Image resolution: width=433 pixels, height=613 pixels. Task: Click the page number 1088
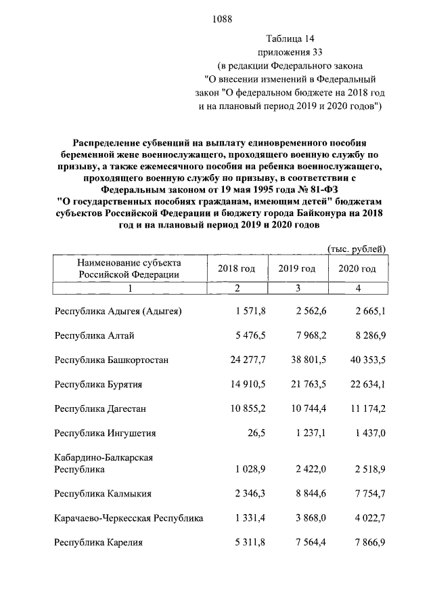tap(222, 19)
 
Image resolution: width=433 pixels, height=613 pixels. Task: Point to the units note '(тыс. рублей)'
tap(357, 249)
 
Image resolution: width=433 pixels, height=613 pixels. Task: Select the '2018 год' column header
tap(236, 269)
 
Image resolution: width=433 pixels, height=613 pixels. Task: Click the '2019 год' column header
tap(296, 269)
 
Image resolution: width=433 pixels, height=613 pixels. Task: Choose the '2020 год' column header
tap(357, 269)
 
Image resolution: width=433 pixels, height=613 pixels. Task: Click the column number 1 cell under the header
tap(129, 289)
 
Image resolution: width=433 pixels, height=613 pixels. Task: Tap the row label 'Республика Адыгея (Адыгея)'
tap(118, 312)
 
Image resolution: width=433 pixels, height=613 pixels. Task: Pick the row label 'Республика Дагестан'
tap(101, 409)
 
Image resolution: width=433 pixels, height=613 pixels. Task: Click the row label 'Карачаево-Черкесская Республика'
tap(129, 518)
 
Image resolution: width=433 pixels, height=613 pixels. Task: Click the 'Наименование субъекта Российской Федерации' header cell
tap(129, 269)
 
